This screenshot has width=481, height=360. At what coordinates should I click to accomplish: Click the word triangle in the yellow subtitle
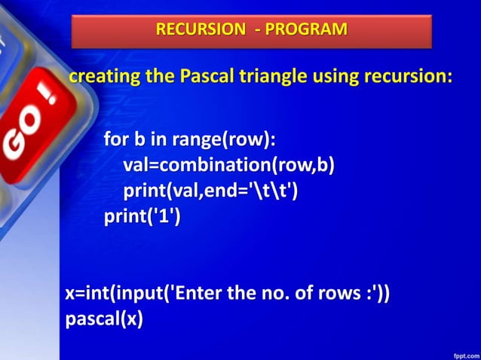coord(274,77)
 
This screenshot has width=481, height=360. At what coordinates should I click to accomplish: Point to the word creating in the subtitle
coord(100,77)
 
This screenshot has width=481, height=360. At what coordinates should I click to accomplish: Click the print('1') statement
coord(143,218)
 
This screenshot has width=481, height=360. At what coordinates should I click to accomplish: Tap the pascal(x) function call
coord(104,319)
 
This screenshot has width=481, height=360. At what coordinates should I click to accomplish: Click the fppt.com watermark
coord(463,352)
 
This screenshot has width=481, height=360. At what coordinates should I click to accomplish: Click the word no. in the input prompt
coord(262,294)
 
